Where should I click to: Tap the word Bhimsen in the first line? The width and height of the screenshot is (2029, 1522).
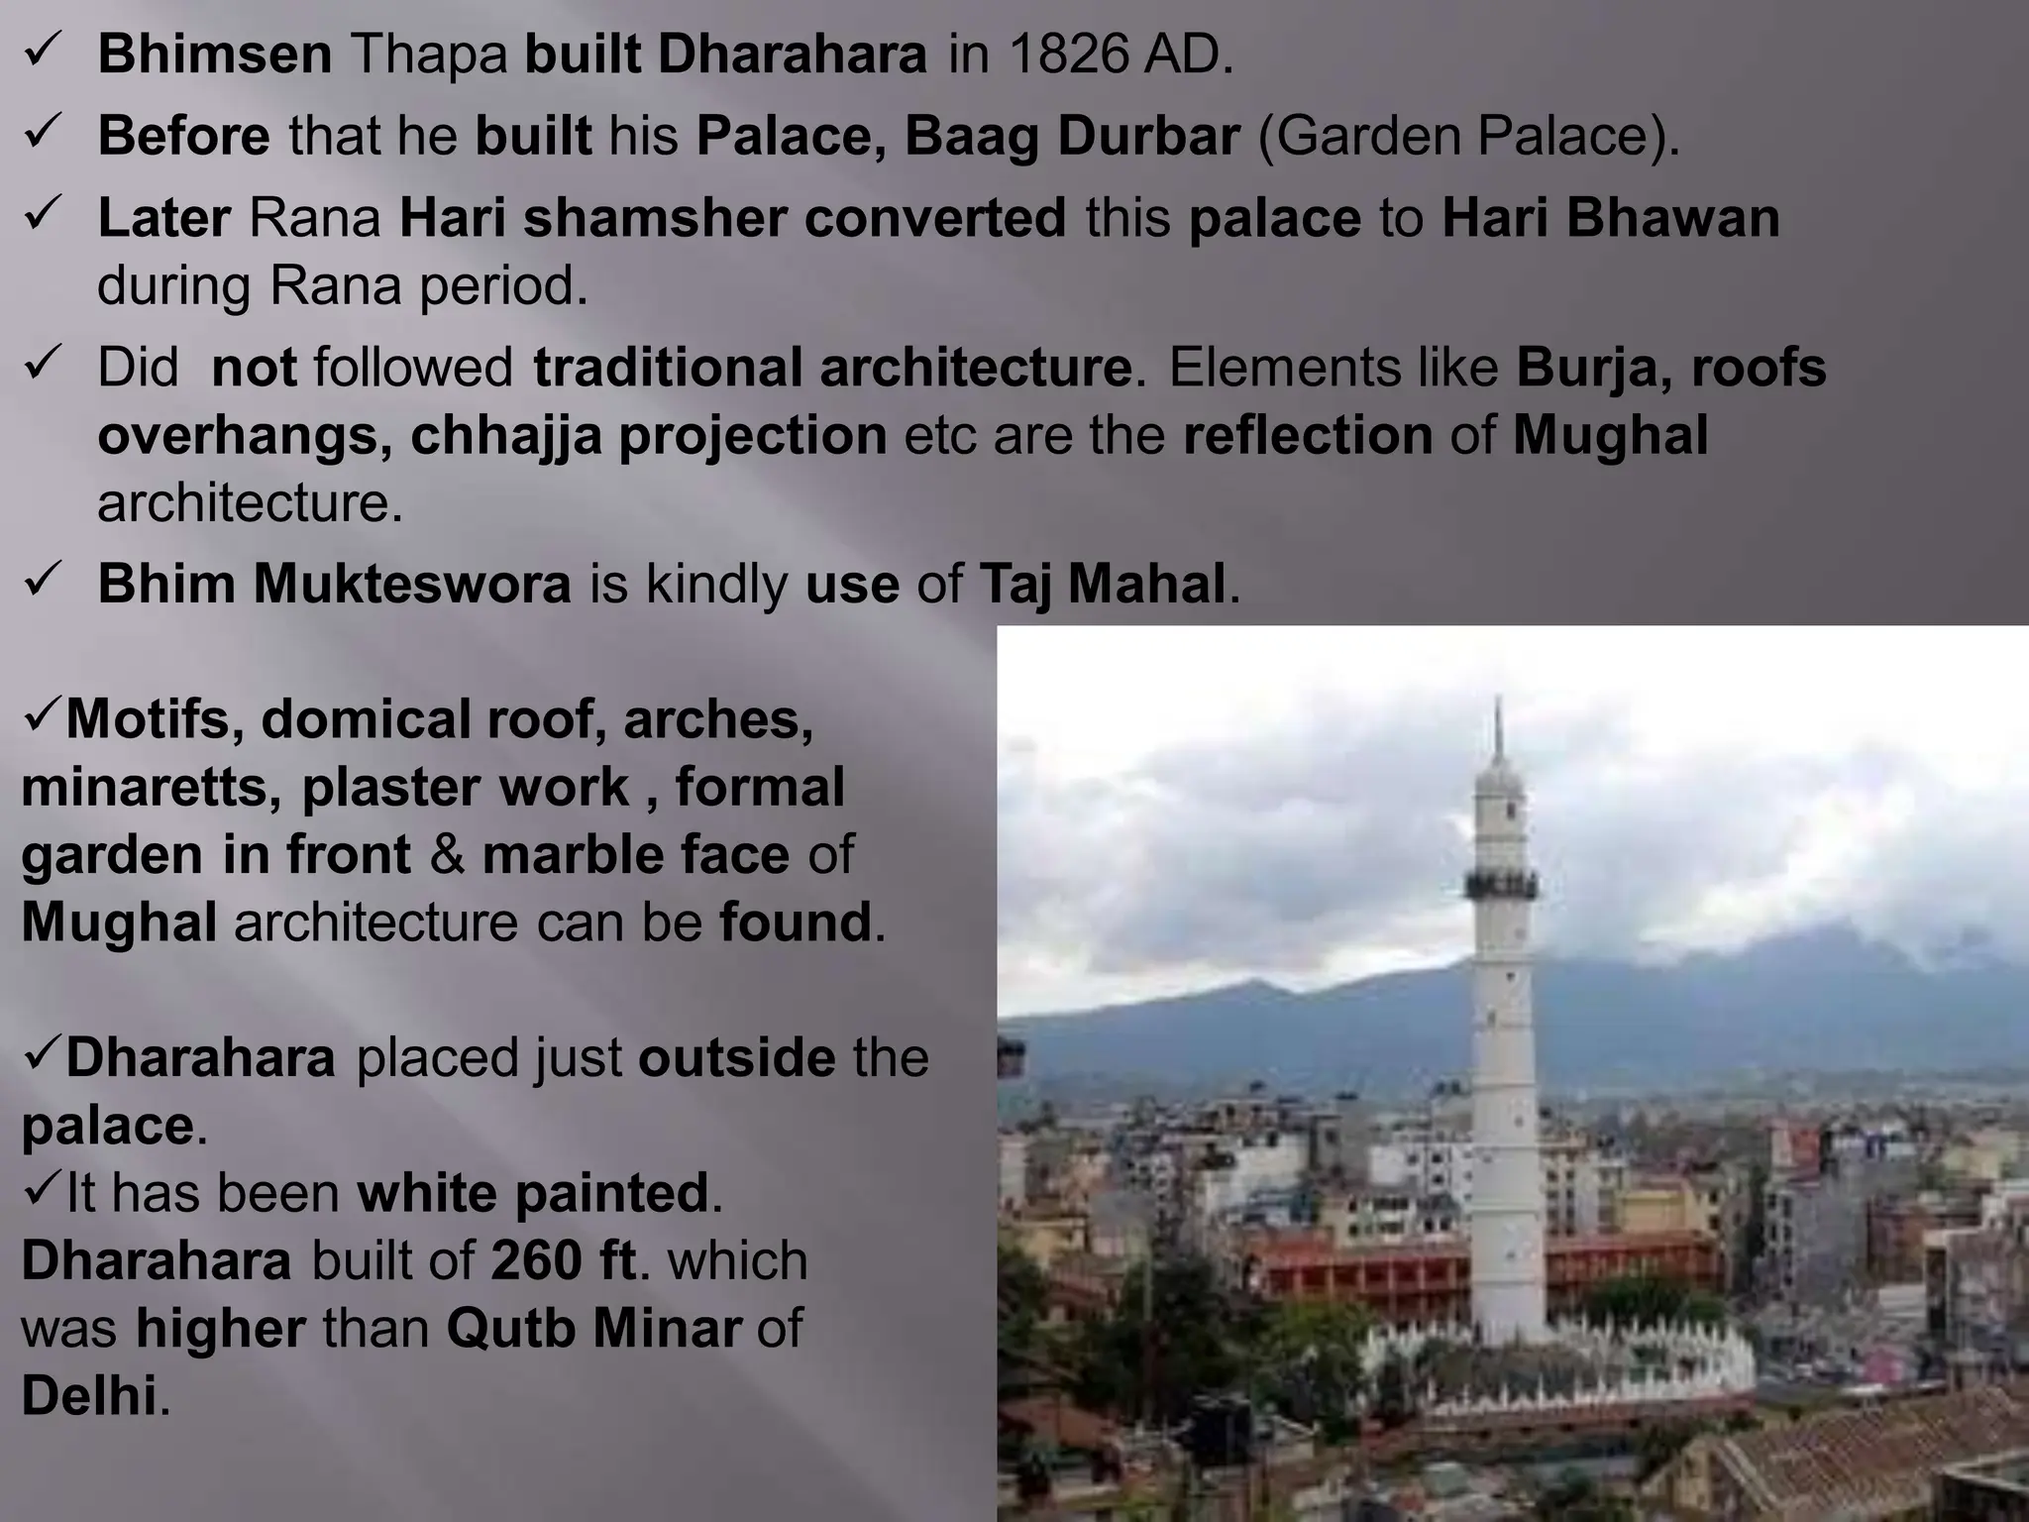click(x=215, y=55)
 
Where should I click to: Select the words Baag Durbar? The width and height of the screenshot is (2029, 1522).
click(x=1072, y=137)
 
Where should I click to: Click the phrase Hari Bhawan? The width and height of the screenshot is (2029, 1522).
click(x=1611, y=218)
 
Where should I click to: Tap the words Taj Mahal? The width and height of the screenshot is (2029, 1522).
click(x=1103, y=584)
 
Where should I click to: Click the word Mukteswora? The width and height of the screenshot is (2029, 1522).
click(x=412, y=584)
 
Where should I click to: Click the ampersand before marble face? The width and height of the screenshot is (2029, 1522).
click(x=447, y=855)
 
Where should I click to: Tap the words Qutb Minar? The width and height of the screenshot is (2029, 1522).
click(x=593, y=1328)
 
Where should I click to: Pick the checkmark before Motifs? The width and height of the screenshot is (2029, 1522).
click(x=42, y=718)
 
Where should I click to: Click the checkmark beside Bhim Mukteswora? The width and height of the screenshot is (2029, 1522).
click(x=45, y=582)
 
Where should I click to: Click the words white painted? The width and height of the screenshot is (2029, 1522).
click(x=534, y=1193)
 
